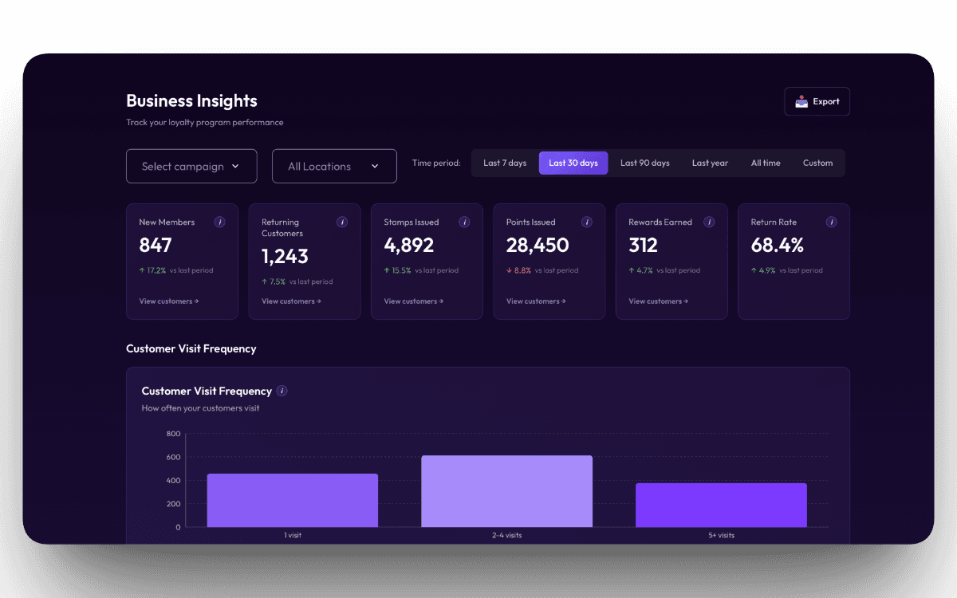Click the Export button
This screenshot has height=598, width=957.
[817, 101]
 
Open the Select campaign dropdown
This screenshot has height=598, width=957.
[191, 166]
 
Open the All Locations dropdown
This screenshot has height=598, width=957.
[334, 166]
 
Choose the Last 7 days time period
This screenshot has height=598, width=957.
[505, 163]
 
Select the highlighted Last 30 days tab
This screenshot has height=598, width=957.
[573, 163]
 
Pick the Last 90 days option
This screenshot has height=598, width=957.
[644, 163]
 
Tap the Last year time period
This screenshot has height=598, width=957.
[710, 163]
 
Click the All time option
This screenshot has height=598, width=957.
[766, 163]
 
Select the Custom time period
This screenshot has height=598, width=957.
[817, 163]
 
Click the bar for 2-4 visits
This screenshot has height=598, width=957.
[506, 491]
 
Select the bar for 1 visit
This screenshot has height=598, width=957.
[292, 500]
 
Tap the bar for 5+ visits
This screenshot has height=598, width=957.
[721, 505]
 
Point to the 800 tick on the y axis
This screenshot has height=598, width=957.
[174, 434]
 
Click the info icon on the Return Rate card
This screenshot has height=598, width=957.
[831, 222]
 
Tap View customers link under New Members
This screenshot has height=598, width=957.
[168, 301]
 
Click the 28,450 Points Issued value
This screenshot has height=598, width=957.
[538, 245]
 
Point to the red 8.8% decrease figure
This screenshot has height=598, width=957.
[522, 270]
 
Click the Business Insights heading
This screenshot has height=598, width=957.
[191, 100]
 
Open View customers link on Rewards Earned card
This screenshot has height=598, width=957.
[658, 301]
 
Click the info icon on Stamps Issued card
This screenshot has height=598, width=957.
[464, 222]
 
